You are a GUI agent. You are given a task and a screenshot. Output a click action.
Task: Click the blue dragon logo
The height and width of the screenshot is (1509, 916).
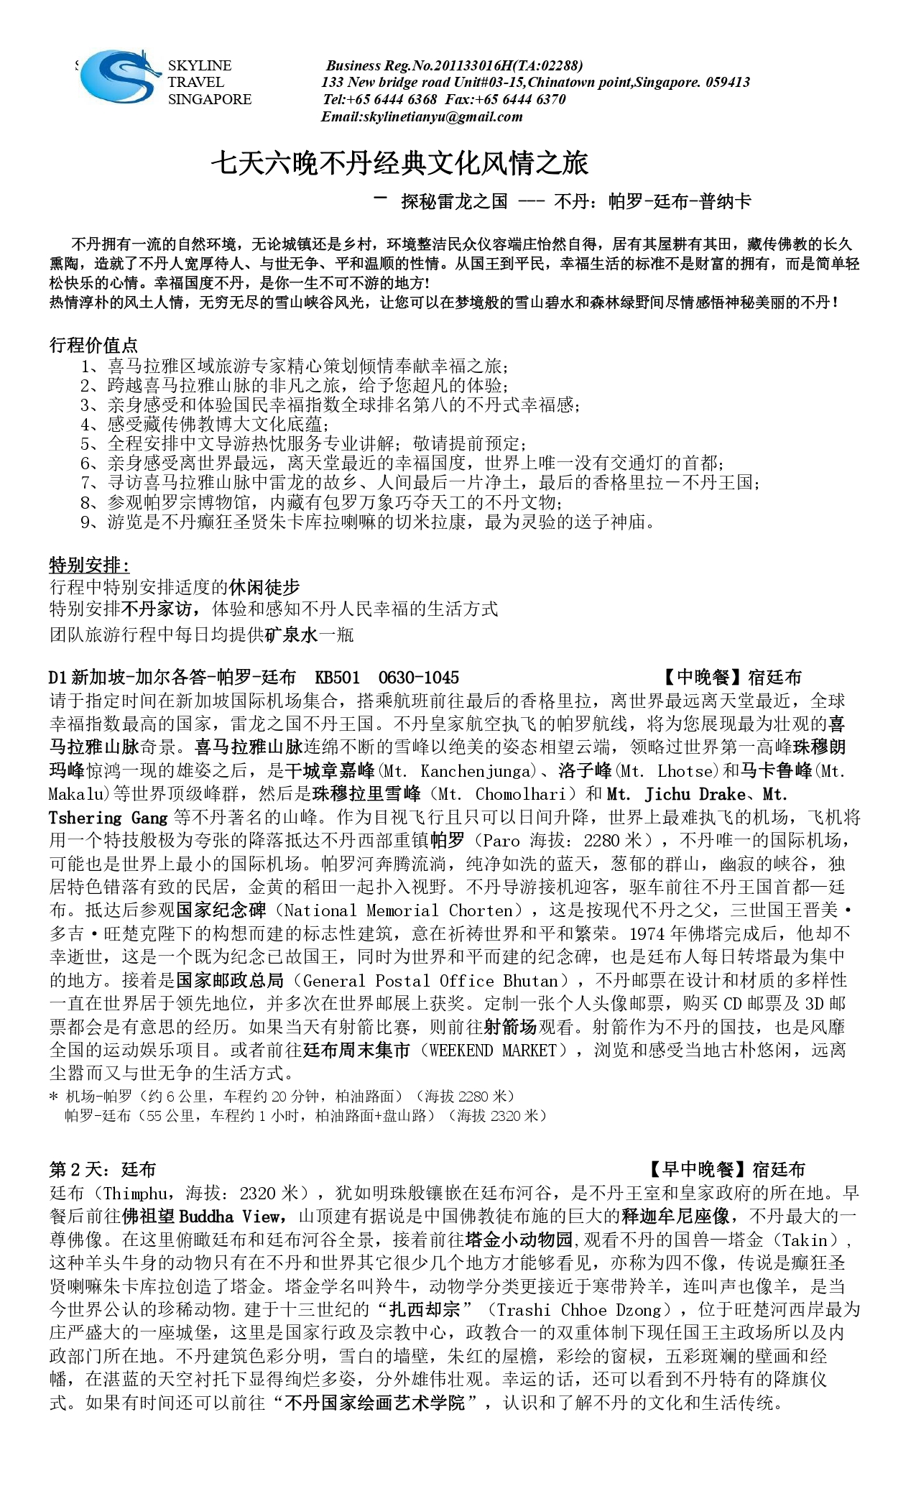click(119, 77)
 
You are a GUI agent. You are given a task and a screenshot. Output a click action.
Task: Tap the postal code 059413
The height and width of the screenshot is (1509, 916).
click(727, 82)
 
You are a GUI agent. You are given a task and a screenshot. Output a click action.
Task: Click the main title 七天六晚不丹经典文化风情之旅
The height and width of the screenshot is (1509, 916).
click(399, 164)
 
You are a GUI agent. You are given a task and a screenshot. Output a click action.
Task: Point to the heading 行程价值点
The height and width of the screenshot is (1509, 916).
click(93, 345)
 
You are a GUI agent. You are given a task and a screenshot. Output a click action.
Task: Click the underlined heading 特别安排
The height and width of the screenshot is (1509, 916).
click(88, 565)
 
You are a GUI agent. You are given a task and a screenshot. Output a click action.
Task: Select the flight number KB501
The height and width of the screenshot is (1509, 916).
click(337, 677)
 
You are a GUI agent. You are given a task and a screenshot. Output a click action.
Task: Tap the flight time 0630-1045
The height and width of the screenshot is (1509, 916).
click(418, 677)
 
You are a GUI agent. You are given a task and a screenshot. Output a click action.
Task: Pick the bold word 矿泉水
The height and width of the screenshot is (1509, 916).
click(290, 634)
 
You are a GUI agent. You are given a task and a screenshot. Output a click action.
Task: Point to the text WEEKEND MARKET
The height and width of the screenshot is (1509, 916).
click(493, 1051)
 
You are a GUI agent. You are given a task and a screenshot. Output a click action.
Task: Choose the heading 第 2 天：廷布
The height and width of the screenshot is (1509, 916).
click(102, 1170)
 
